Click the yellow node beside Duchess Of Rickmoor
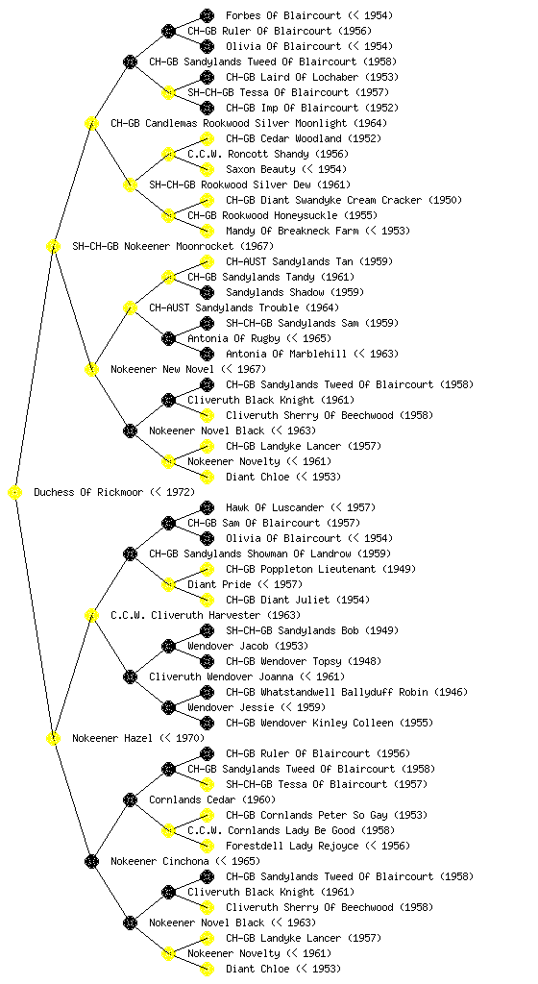(x=15, y=493)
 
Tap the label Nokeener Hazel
(x=112, y=739)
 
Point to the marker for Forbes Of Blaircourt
(x=207, y=15)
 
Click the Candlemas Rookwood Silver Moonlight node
(x=91, y=124)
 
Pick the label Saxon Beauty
(x=260, y=169)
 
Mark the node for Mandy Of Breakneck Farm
(x=207, y=231)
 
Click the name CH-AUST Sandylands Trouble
(x=224, y=308)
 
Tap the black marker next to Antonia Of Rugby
(x=168, y=339)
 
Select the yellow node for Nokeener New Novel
(x=91, y=370)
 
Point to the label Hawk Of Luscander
(x=275, y=507)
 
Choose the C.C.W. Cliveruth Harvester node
(x=91, y=616)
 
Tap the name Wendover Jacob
(x=228, y=647)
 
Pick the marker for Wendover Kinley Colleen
(x=207, y=723)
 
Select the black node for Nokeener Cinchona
(x=91, y=862)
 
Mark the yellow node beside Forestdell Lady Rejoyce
(x=207, y=846)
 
